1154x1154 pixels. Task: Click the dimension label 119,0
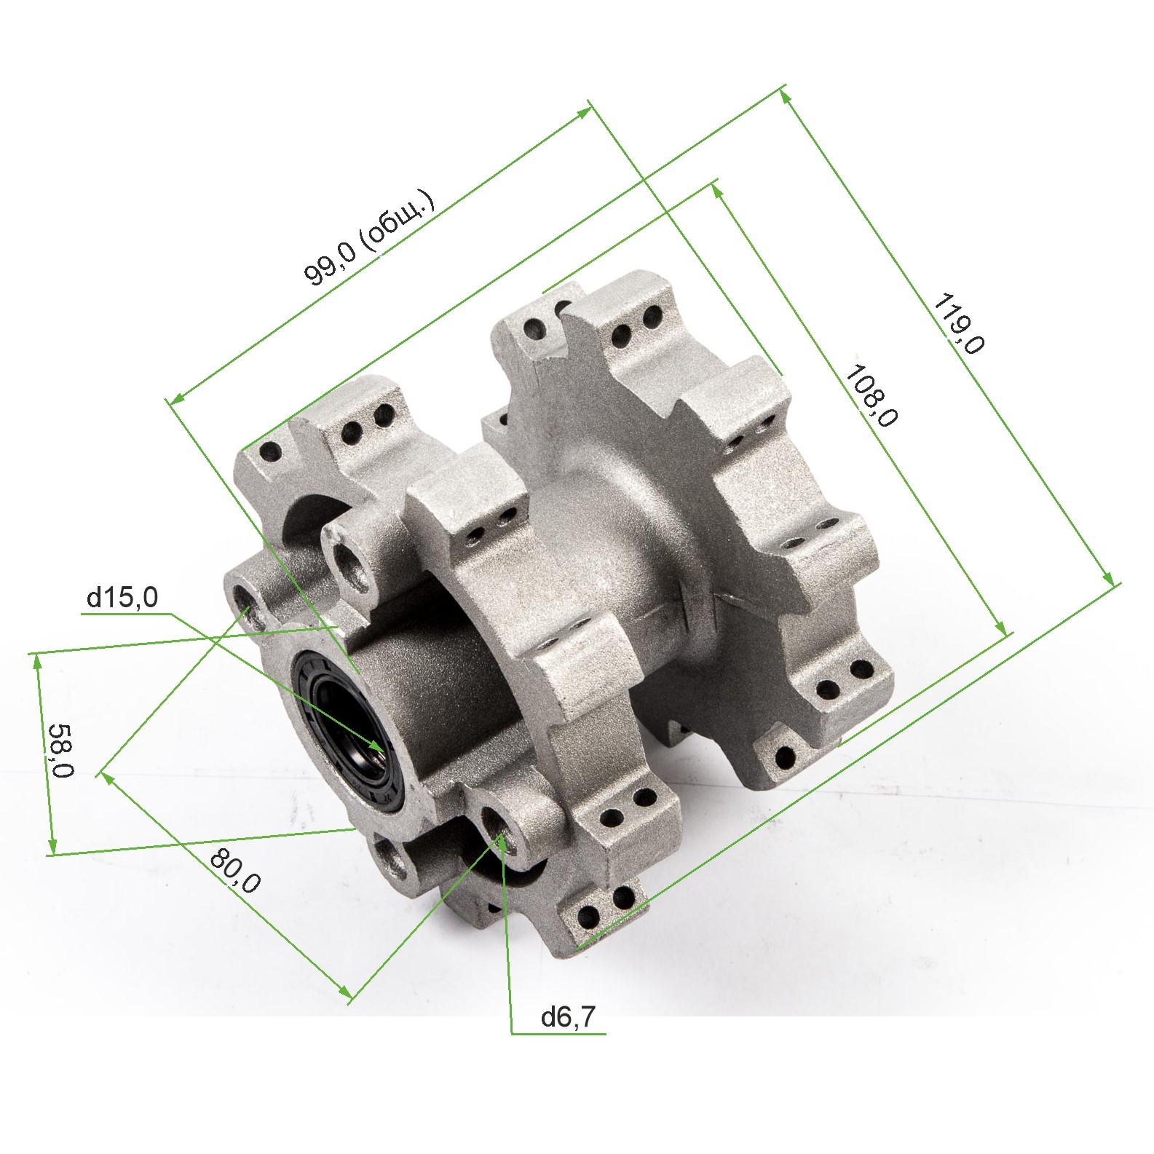(x=959, y=323)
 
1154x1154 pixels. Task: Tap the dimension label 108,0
(x=871, y=395)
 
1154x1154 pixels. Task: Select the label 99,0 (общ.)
(x=370, y=238)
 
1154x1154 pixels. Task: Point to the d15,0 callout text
(x=122, y=598)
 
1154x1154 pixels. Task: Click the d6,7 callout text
(x=568, y=1017)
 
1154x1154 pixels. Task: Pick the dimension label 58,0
(x=61, y=751)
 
